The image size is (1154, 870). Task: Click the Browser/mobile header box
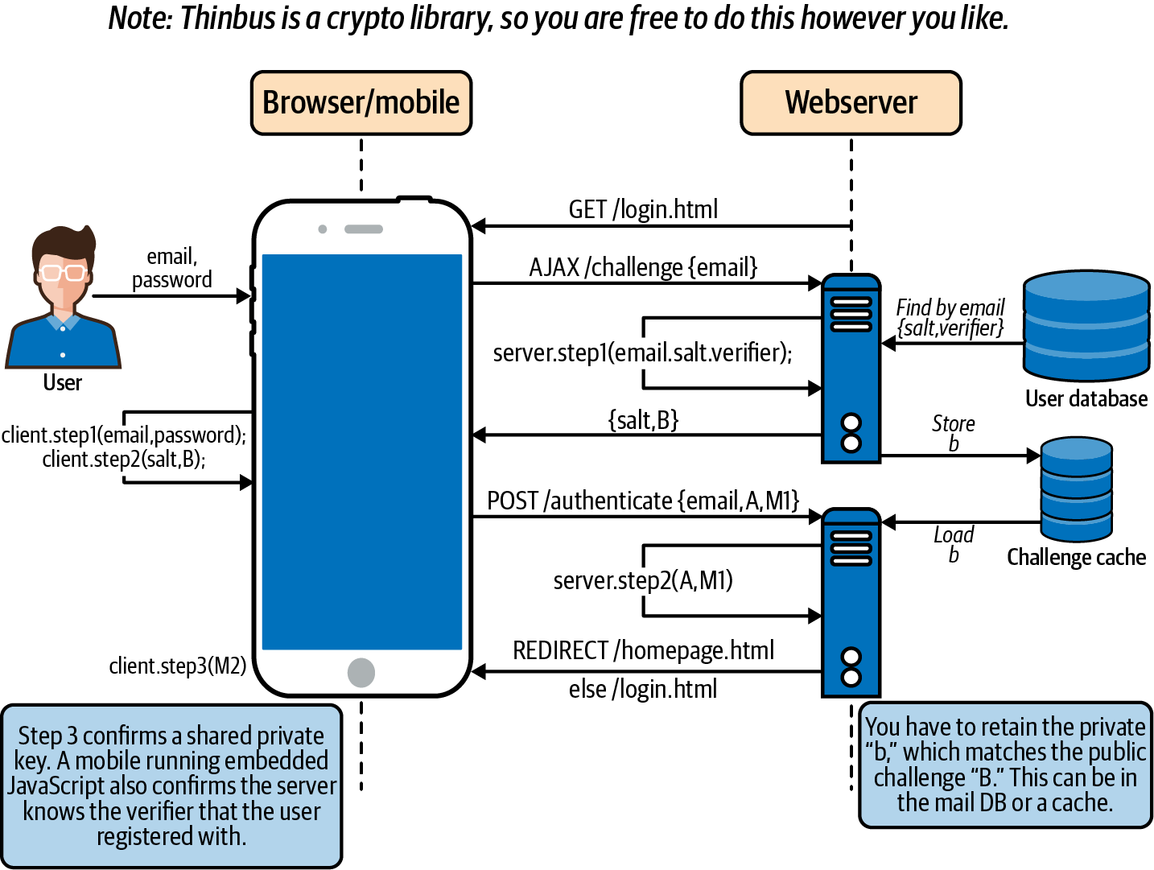tap(361, 103)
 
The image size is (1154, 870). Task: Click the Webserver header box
tap(851, 103)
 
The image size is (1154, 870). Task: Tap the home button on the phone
tap(361, 672)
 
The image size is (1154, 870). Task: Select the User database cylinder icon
tap(1086, 325)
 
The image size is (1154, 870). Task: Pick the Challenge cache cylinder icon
tap(1076, 489)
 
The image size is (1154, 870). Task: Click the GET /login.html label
tap(643, 210)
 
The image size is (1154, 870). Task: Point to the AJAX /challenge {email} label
tap(643, 267)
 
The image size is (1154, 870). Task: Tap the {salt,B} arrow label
tap(643, 420)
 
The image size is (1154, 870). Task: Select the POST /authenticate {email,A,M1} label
tap(643, 501)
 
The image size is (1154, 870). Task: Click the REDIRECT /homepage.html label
tap(643, 650)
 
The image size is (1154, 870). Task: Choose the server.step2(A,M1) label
tap(643, 580)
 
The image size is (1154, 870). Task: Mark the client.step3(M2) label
tap(178, 666)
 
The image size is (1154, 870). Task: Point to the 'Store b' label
tap(954, 433)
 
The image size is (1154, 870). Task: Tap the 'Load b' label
tap(954, 544)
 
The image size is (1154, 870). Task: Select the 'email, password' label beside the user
tap(171, 268)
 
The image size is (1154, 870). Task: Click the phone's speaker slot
tap(364, 229)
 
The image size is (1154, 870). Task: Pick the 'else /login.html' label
tap(643, 690)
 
